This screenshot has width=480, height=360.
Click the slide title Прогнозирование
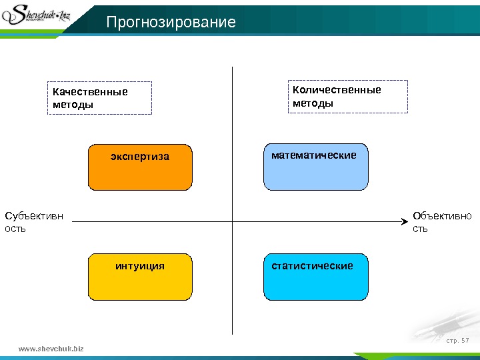tap(171, 23)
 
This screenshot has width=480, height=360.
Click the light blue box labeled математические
tap(316, 167)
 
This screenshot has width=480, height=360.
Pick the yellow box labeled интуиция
tap(140, 277)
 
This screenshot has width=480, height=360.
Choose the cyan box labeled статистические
tap(316, 277)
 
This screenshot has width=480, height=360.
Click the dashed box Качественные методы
tap(99, 98)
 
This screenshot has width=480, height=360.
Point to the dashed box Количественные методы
tap(347, 97)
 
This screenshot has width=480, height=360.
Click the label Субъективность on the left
tap(34, 222)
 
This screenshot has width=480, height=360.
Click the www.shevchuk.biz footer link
tap(51, 348)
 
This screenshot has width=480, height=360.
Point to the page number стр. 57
tap(457, 341)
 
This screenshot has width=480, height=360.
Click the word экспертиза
tap(140, 157)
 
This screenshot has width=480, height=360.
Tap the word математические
tap(313, 155)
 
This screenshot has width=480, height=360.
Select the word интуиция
tap(140, 266)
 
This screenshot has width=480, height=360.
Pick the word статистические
tap(312, 266)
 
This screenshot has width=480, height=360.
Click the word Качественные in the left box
tap(91, 91)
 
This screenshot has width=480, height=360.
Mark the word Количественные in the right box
tap(337, 90)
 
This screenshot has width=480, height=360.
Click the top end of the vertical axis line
tap(232, 68)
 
